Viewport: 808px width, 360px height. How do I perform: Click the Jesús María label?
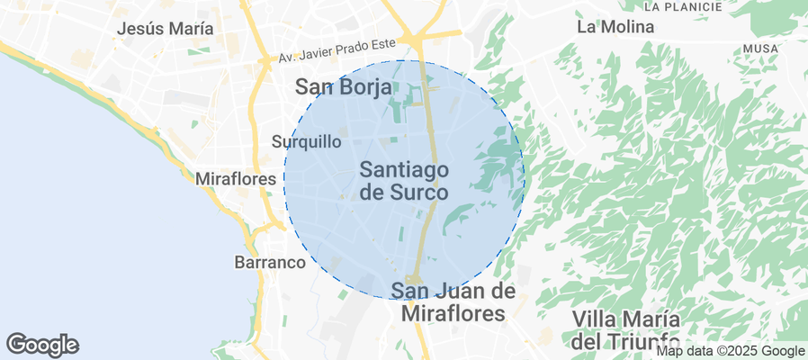tap(166, 28)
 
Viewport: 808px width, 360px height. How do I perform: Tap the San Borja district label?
tap(344, 87)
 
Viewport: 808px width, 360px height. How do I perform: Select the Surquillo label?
tap(307, 141)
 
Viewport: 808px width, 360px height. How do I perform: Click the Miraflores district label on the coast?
tap(235, 179)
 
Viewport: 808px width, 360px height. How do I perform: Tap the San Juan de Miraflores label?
tap(453, 301)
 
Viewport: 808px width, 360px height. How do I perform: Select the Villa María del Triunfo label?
tap(626, 330)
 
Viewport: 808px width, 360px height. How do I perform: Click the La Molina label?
tap(615, 27)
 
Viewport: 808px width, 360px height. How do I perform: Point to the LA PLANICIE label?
tap(684, 6)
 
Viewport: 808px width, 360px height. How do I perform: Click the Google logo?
tap(42, 344)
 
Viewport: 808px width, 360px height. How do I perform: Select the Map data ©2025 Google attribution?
tap(730, 351)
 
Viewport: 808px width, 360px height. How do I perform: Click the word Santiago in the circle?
tap(404, 168)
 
